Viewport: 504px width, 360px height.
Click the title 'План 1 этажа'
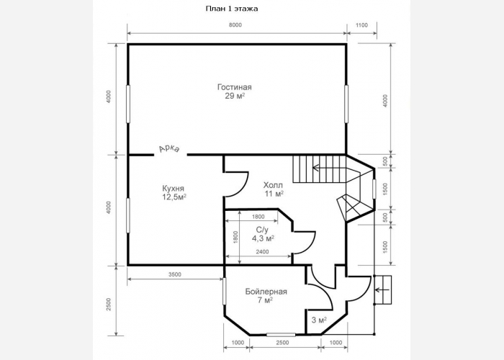[x=231, y=9]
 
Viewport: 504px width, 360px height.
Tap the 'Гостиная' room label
[x=235, y=87]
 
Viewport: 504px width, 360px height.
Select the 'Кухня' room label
[x=174, y=189]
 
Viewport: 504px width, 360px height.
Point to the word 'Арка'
[x=169, y=149]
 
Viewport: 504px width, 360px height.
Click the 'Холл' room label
[x=273, y=185]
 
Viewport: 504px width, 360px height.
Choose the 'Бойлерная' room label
[x=266, y=292]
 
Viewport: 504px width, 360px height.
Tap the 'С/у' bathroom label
[x=262, y=230]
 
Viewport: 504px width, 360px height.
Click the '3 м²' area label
[x=319, y=320]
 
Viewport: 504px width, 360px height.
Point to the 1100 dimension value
[x=362, y=25]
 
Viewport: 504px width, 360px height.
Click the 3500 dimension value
[x=175, y=274]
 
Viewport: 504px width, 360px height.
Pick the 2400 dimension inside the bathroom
[x=262, y=252]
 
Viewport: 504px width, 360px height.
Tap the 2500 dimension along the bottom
[x=282, y=343]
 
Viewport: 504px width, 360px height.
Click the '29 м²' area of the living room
[x=235, y=96]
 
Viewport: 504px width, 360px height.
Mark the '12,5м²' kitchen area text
[x=174, y=197]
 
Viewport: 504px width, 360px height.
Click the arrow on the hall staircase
[x=328, y=168]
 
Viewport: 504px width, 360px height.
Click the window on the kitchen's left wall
[x=128, y=215]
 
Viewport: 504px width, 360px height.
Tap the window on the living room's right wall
[x=346, y=104]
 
